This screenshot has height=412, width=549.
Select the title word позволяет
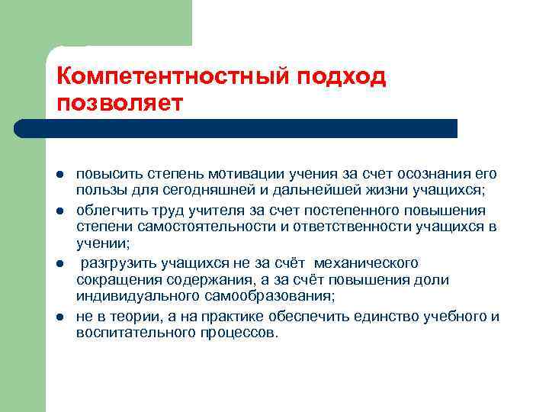pos(120,102)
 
